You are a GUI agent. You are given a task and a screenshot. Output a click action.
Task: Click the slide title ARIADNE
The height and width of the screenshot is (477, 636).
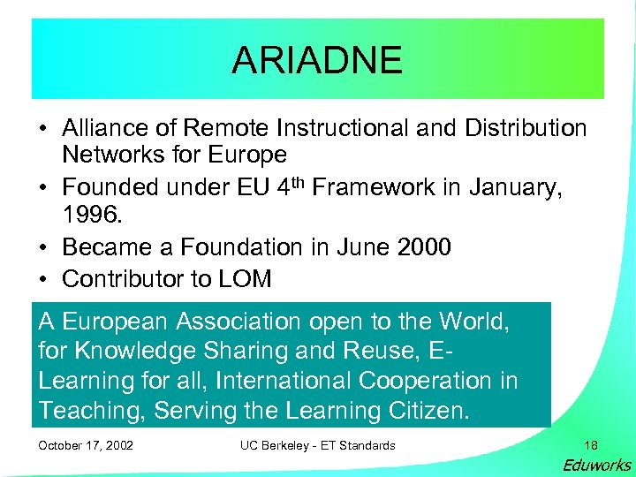click(317, 60)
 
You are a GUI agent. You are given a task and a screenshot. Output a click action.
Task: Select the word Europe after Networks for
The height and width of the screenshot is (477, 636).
click(247, 155)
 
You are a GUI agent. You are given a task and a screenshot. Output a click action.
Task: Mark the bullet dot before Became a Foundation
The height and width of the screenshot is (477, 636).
click(42, 248)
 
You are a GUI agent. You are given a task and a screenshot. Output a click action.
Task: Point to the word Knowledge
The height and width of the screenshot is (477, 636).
click(134, 352)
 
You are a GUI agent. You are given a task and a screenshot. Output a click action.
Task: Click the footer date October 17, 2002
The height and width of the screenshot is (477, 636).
click(86, 445)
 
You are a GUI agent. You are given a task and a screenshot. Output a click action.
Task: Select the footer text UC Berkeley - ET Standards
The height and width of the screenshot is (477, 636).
click(317, 445)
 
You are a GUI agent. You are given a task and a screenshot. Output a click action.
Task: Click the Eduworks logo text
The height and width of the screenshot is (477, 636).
click(596, 466)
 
